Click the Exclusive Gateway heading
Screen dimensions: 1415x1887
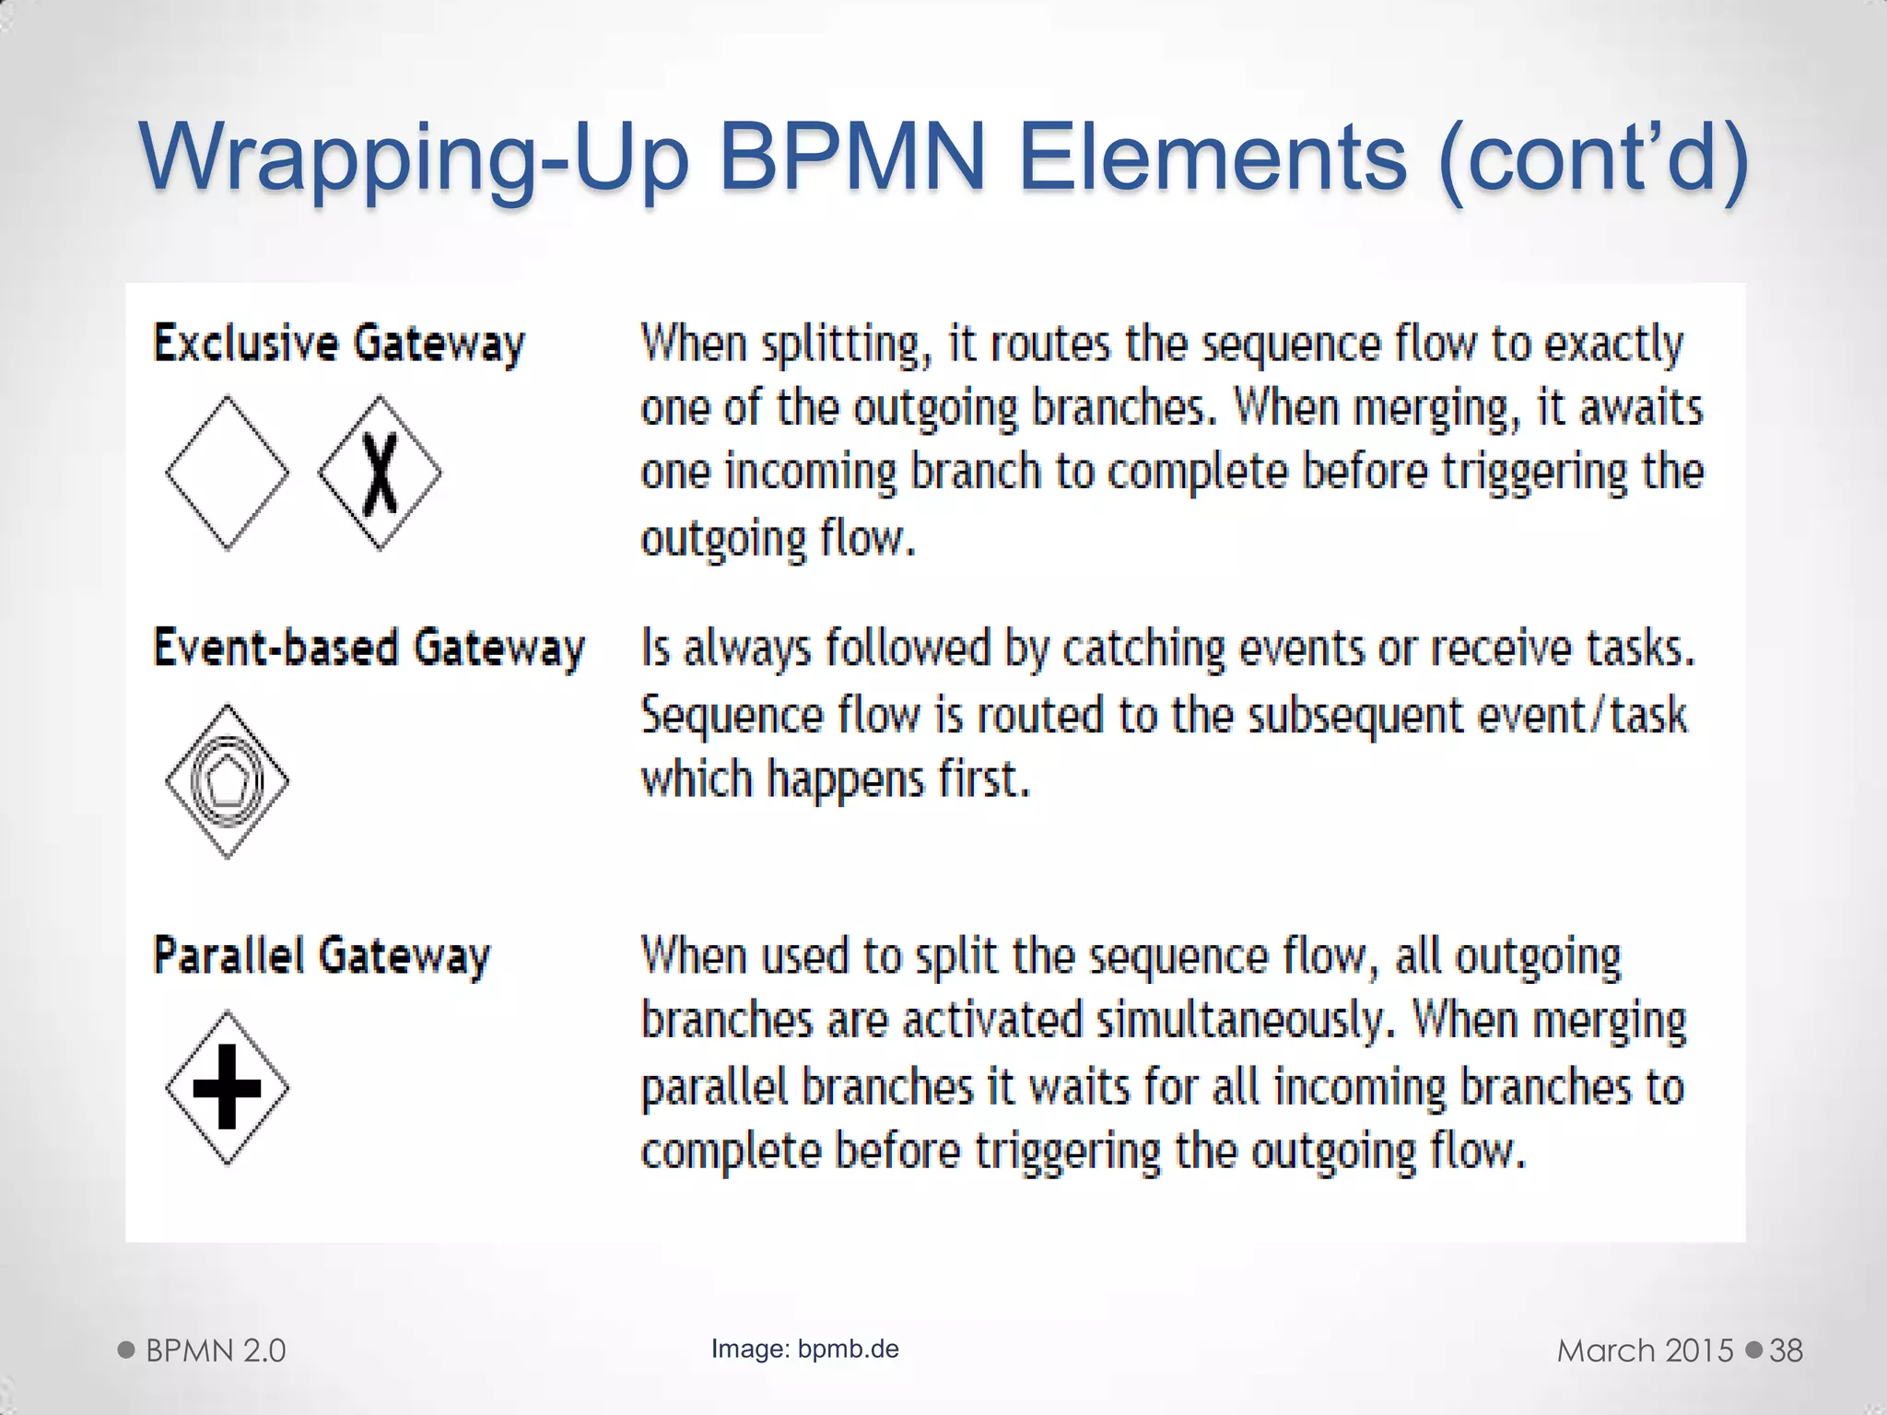click(338, 343)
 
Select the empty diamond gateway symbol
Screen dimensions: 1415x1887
click(227, 473)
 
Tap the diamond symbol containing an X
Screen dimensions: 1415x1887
click(380, 473)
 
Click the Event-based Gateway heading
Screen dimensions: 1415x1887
click(369, 647)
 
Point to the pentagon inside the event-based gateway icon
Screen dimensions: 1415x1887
click(227, 781)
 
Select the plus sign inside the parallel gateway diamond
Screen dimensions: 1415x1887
click(227, 1087)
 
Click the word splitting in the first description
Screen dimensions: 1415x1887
click(839, 345)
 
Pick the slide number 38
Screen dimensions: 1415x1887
click(1786, 1351)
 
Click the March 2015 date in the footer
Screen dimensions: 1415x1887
click(1646, 1351)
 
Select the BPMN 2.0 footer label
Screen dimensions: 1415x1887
click(216, 1351)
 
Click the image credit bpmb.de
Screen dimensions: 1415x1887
click(848, 1349)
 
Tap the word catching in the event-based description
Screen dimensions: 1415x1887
click(1143, 649)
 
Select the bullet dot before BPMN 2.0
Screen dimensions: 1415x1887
click(127, 1351)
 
